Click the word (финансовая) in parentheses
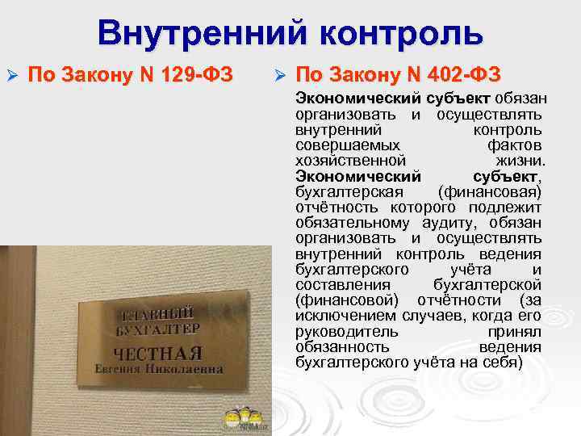pos(489,192)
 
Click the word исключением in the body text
pos(337,316)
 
